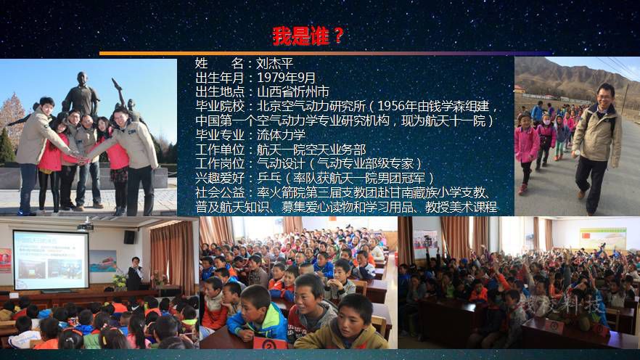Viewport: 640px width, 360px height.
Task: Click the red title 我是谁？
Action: pyautogui.click(x=308, y=36)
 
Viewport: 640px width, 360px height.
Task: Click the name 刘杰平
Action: pyautogui.click(x=275, y=64)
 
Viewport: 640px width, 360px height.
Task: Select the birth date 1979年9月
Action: pyautogui.click(x=286, y=78)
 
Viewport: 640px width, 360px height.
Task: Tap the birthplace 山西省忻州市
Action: pyautogui.click(x=292, y=91)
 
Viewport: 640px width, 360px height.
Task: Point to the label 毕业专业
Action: pyautogui.click(x=220, y=135)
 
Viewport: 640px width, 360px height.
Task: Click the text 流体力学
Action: pyautogui.click(x=281, y=135)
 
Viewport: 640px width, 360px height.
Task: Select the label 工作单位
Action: pyautogui.click(x=220, y=150)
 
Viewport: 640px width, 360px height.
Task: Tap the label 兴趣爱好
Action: pyautogui.click(x=220, y=178)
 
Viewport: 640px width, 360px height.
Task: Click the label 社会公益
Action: pyautogui.click(x=220, y=192)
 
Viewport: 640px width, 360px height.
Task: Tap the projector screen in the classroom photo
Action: pyautogui.click(x=51, y=260)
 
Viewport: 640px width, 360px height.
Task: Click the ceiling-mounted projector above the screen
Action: pyautogui.click(x=85, y=226)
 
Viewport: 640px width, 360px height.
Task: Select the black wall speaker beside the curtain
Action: pyautogui.click(x=130, y=237)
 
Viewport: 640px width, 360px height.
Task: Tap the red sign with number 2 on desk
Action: pyautogui.click(x=270, y=344)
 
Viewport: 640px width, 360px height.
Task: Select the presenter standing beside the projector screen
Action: pyautogui.click(x=134, y=274)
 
